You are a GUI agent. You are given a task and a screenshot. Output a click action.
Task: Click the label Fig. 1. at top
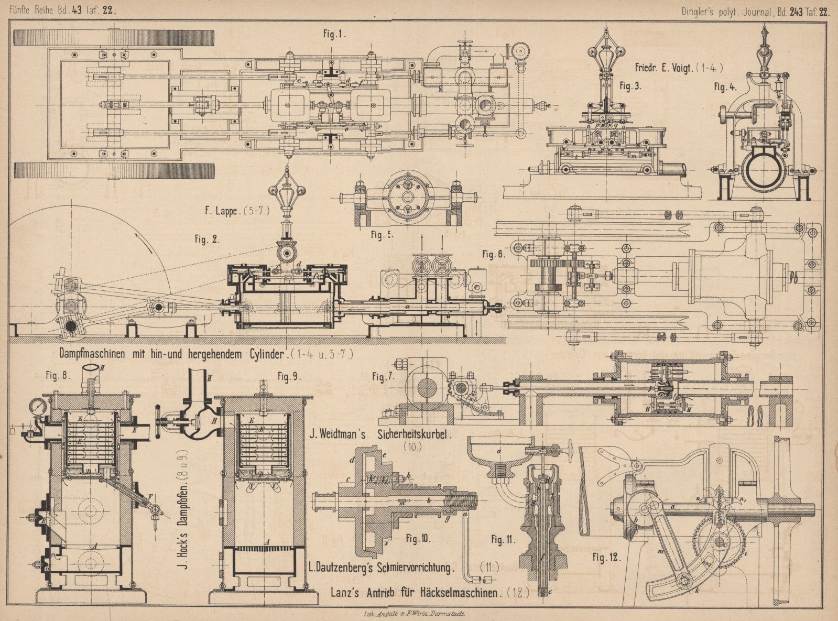coord(334,34)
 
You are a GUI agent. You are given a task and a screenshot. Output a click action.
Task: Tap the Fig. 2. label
coord(207,239)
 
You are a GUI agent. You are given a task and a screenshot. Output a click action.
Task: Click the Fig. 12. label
coord(606,557)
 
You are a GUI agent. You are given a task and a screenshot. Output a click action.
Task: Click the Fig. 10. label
coord(418,539)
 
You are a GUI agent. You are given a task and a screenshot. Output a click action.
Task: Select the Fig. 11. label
coord(504,539)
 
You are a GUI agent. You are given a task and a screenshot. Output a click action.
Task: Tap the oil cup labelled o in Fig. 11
coord(498,453)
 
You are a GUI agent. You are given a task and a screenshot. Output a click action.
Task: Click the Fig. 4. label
coord(725,87)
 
